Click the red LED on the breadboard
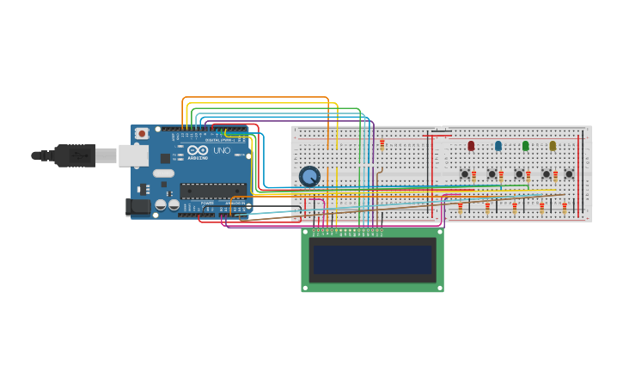pos(471,146)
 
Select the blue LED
pos(498,146)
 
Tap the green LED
pos(525,146)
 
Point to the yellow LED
pos(553,146)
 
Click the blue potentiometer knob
pos(309,176)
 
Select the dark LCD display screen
pos(373,259)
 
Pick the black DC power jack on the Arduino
pos(137,206)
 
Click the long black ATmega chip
pos(213,191)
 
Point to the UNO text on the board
pos(222,151)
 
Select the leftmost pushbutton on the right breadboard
pos(465,174)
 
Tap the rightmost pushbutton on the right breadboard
pos(569,174)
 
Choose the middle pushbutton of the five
pos(519,174)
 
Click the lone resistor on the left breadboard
pos(382,144)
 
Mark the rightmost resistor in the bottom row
pos(565,206)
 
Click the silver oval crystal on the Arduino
pos(164,173)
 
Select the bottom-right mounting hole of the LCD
pos(439,288)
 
